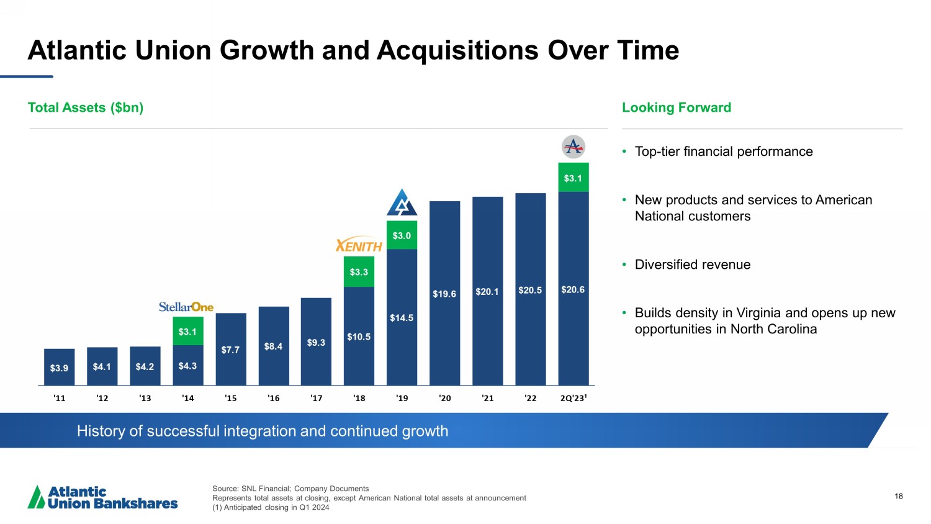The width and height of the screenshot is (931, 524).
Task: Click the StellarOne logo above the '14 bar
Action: pyautogui.click(x=186, y=307)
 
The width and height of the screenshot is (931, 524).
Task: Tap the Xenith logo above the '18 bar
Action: pyautogui.click(x=359, y=245)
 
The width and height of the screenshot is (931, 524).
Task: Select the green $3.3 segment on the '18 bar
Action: pyautogui.click(x=359, y=272)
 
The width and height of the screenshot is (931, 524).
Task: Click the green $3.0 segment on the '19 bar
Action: pyautogui.click(x=402, y=235)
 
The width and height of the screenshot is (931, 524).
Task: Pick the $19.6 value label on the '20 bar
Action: pyautogui.click(x=444, y=294)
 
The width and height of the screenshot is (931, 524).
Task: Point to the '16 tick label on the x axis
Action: pyautogui.click(x=273, y=398)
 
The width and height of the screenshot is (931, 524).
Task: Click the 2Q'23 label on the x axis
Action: pyautogui.click(x=573, y=398)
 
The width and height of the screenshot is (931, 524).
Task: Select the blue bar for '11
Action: pyautogui.click(x=59, y=367)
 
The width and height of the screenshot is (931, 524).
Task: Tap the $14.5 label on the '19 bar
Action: pyautogui.click(x=402, y=318)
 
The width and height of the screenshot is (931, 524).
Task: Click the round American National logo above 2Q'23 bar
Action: pyautogui.click(x=573, y=147)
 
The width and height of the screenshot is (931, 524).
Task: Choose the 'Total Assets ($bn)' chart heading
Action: pyautogui.click(x=86, y=107)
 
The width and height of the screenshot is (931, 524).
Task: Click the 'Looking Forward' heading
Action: pyautogui.click(x=677, y=107)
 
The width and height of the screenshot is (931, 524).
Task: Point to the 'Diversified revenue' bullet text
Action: pyautogui.click(x=692, y=264)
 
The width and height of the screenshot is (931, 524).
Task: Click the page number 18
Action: pyautogui.click(x=899, y=496)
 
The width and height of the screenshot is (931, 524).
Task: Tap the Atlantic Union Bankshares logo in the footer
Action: pyautogui.click(x=103, y=497)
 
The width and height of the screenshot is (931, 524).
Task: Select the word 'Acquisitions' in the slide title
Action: pyautogui.click(x=457, y=50)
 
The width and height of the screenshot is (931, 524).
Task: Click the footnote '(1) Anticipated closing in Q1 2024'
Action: pyautogui.click(x=271, y=507)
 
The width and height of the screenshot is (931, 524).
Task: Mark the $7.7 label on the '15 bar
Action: pyautogui.click(x=230, y=350)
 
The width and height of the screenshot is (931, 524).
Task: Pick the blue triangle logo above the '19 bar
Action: pyautogui.click(x=402, y=202)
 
